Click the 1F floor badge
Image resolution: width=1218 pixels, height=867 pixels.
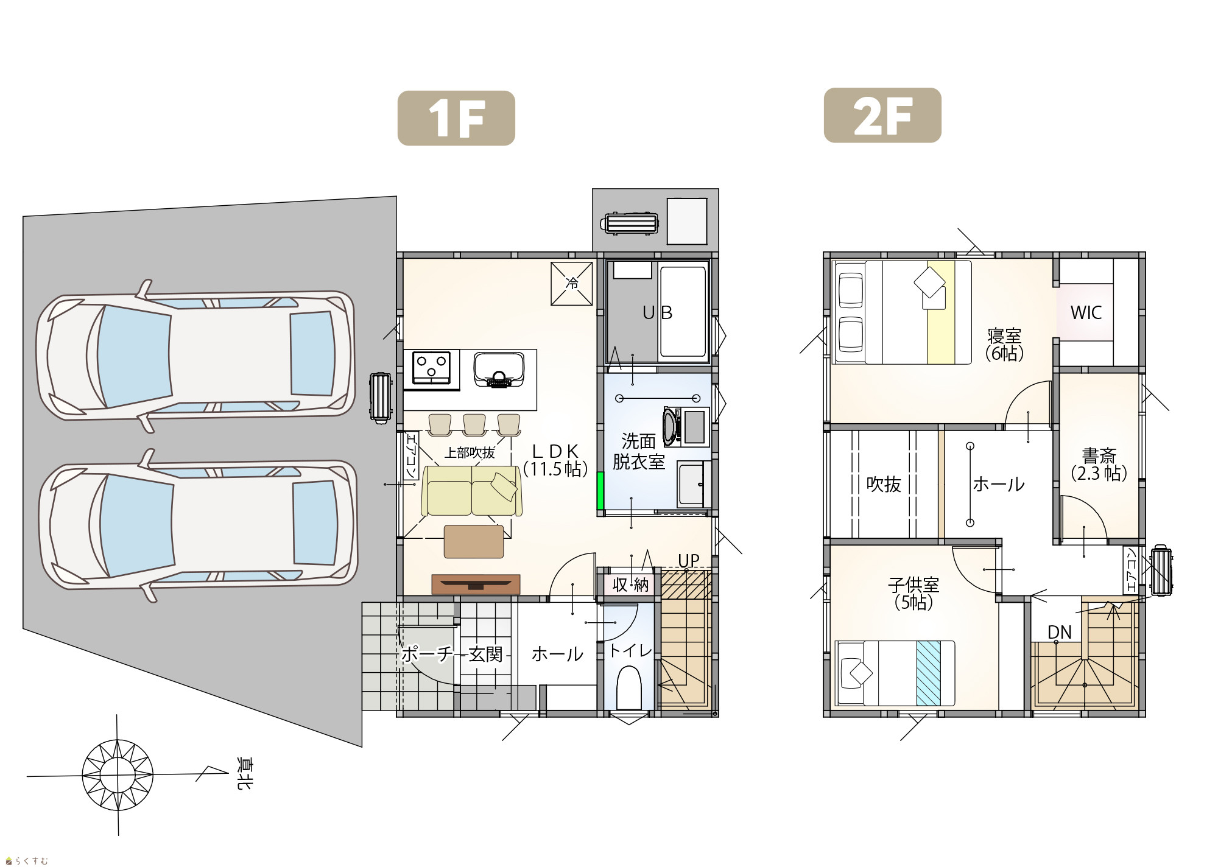coord(456,118)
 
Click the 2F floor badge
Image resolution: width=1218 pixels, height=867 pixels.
coord(882,116)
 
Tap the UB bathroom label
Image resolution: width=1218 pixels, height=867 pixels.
coord(658,312)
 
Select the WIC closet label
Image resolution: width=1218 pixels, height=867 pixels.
coord(1086,312)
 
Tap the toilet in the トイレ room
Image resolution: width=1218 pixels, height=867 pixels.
coord(629,688)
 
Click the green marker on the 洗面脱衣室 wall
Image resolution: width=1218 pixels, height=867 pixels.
coord(600,490)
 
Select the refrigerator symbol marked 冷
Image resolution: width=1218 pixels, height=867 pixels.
coord(572,284)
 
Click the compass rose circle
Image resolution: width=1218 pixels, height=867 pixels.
coord(118,775)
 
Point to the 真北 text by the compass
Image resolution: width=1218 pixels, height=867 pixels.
coord(244,774)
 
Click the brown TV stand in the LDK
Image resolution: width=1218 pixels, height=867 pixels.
coord(476,584)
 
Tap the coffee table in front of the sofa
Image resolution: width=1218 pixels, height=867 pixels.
coord(474,541)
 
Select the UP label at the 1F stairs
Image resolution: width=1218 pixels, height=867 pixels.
coord(689,561)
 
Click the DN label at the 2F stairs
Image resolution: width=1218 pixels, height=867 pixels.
coord(1060,632)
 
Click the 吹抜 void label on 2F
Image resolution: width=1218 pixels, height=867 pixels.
coord(884,485)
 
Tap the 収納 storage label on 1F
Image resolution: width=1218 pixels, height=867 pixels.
coord(630,585)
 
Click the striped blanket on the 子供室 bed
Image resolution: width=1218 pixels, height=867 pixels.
coord(929,673)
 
